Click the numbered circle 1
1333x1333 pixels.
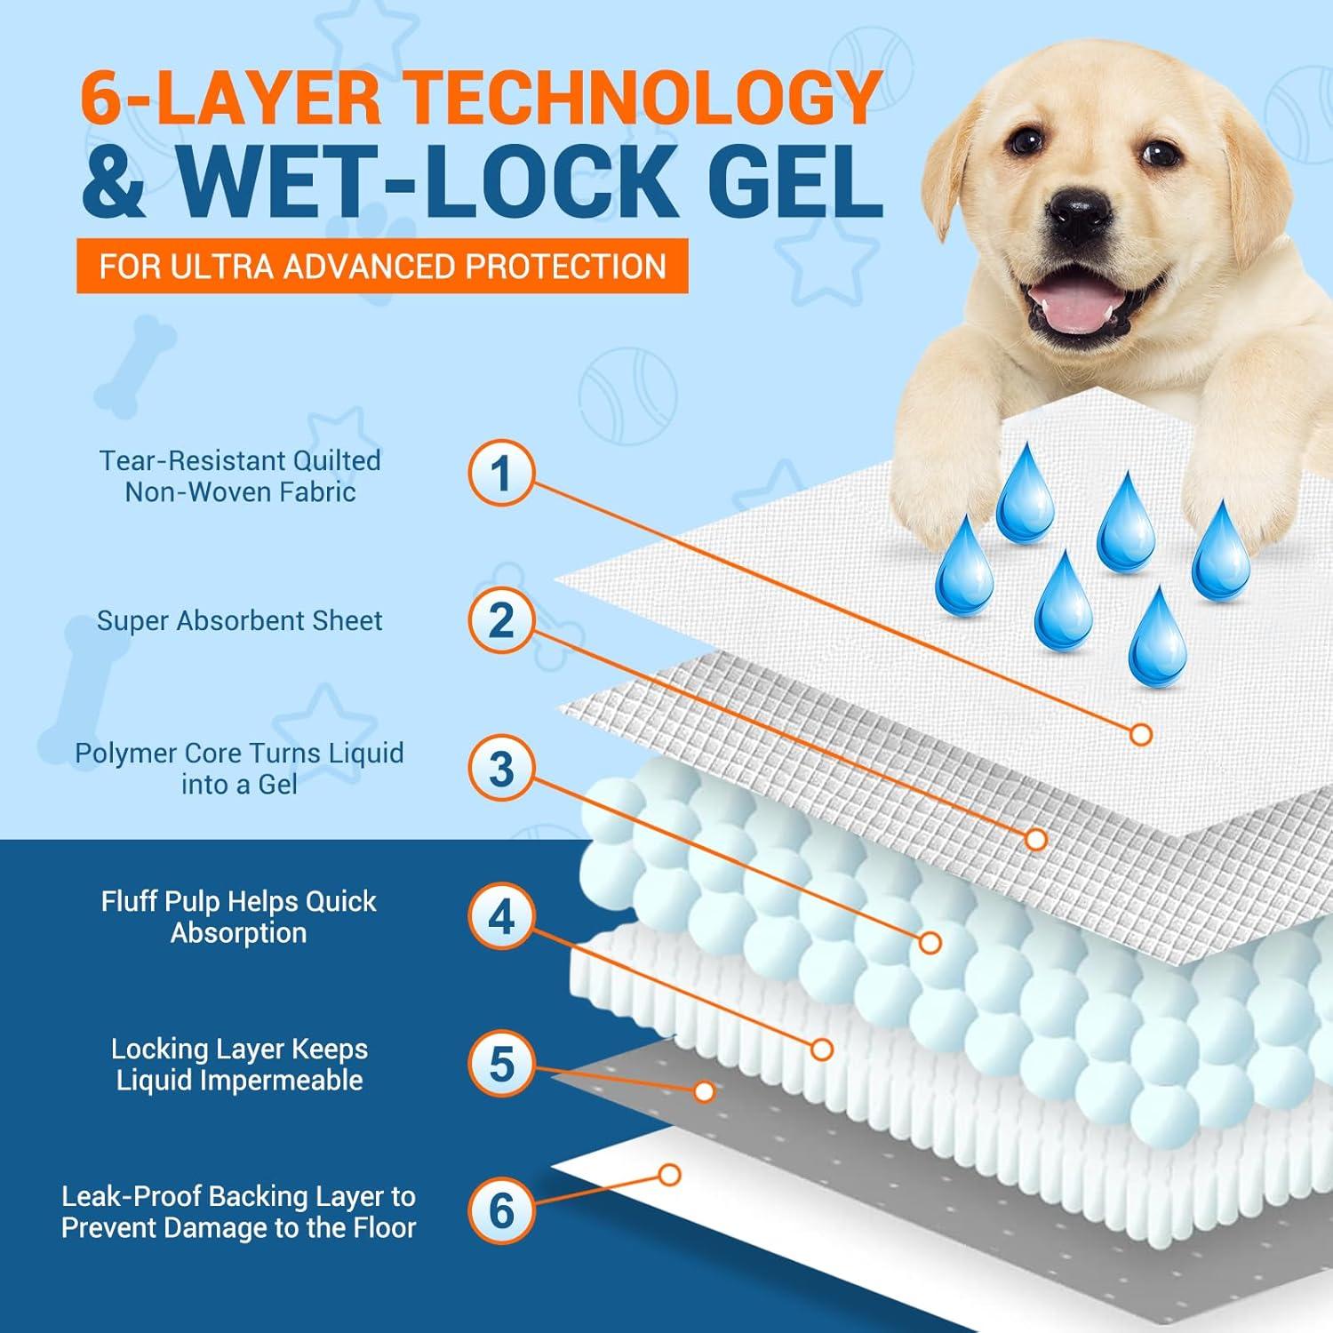[501, 473]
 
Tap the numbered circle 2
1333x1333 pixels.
[501, 620]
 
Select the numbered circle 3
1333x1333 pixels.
[501, 769]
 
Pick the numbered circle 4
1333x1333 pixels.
[501, 916]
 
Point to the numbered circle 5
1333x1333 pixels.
[501, 1064]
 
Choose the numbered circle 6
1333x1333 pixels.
[501, 1211]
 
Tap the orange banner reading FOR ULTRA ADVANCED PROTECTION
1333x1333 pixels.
[382, 266]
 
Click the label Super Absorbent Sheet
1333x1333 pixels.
[240, 620]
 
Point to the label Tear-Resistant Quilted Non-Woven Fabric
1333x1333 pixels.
[240, 475]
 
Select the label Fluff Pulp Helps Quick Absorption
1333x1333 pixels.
[239, 916]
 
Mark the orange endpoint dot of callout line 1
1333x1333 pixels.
[1141, 734]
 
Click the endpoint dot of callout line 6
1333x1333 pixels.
[670, 1175]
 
